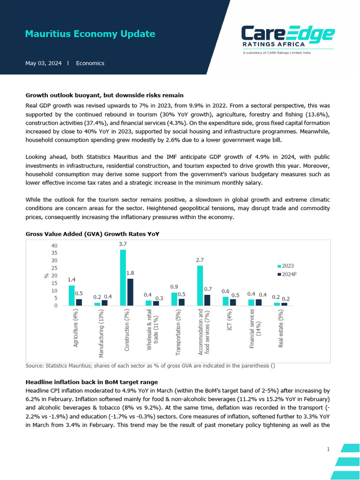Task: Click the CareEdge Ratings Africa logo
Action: click(287, 37)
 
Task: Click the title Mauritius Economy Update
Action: click(90, 34)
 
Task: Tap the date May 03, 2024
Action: click(43, 63)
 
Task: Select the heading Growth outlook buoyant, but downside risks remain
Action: click(105, 95)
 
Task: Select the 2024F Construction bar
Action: click(130, 292)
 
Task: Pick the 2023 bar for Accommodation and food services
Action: click(200, 285)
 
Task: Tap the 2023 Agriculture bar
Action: click(72, 295)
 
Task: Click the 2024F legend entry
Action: click(287, 274)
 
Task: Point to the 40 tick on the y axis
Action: click(54, 246)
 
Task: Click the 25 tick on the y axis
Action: click(54, 268)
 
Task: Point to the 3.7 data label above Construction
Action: click(123, 244)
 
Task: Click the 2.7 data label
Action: click(200, 260)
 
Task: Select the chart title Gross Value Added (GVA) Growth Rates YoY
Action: click(92, 233)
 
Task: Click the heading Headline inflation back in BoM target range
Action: click(91, 382)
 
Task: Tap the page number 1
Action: click(328, 450)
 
